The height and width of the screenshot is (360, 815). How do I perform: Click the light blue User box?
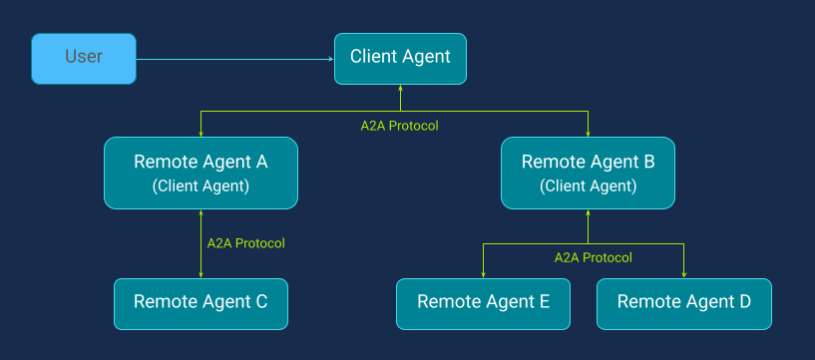[84, 57]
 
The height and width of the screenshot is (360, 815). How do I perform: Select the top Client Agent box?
[400, 57]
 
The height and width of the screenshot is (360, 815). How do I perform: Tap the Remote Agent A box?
[201, 172]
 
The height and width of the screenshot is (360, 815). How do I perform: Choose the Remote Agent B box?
[588, 172]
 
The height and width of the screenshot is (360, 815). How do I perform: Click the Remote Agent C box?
[201, 302]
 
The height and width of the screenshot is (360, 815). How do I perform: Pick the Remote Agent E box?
[484, 302]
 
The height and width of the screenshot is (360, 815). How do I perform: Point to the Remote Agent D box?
[683, 302]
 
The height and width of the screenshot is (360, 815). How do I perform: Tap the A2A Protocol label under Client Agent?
[399, 126]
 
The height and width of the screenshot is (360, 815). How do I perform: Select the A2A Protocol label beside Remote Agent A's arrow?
[245, 242]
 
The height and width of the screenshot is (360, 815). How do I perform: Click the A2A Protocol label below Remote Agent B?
[593, 257]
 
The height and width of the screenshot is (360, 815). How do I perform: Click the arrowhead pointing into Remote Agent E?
[484, 274]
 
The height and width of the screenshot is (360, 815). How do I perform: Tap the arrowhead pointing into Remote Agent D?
[683, 274]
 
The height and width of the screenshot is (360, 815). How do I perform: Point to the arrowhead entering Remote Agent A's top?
[202, 133]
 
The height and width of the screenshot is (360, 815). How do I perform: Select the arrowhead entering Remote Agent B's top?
[588, 133]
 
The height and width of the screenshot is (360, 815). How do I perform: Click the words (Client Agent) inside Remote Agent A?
[201, 185]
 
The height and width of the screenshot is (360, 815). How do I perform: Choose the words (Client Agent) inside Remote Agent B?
[588, 185]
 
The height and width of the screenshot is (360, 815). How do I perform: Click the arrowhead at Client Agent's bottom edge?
[400, 88]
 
